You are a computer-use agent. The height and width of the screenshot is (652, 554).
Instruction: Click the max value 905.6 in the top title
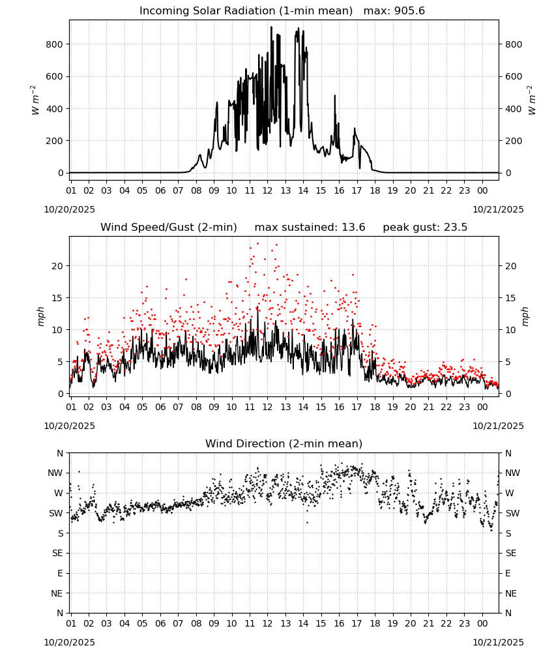(x=409, y=11)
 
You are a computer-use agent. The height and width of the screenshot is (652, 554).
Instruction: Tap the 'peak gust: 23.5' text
(x=425, y=228)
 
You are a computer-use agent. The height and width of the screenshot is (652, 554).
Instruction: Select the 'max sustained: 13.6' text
(x=310, y=228)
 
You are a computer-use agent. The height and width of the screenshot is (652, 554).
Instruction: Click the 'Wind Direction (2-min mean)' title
(x=284, y=443)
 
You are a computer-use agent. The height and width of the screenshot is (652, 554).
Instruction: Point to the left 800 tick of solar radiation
(x=55, y=44)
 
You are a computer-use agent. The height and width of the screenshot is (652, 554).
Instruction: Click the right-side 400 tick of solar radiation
(x=514, y=109)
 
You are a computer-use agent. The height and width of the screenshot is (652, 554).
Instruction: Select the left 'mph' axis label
(x=40, y=316)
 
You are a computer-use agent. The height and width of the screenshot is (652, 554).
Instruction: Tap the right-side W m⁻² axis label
(x=532, y=100)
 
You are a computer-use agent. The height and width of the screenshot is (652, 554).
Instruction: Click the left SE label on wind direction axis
(x=57, y=553)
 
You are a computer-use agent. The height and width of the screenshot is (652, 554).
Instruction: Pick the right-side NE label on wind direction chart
(x=511, y=593)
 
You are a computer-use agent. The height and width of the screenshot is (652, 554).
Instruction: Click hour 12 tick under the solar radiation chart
(x=267, y=191)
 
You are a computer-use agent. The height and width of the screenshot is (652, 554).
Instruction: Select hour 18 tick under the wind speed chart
(x=375, y=407)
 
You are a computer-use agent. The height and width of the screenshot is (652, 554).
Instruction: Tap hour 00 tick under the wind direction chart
(x=482, y=623)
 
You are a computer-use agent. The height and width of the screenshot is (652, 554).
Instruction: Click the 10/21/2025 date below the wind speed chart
(x=498, y=426)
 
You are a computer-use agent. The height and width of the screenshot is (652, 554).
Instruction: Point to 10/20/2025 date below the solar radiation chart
(x=69, y=209)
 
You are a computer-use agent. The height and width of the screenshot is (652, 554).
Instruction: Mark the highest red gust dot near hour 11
(x=257, y=243)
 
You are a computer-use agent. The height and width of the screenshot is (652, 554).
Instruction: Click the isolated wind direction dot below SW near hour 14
(x=307, y=523)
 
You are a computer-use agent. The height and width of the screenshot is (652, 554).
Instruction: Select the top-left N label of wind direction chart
(x=60, y=453)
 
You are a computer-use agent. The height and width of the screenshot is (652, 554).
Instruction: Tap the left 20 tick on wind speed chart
(x=57, y=266)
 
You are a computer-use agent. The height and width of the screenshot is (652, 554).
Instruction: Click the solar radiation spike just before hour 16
(x=334, y=96)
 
